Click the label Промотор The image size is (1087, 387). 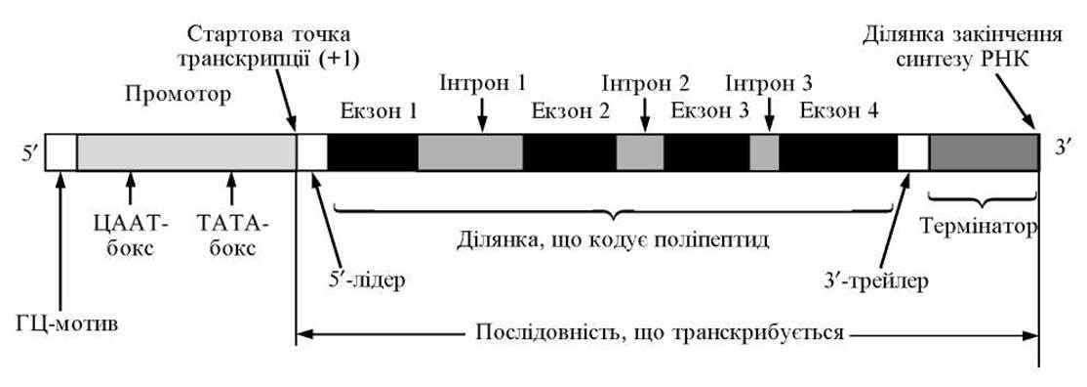(177, 94)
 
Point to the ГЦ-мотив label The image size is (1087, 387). (65, 323)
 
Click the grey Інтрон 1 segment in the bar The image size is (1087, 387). (470, 152)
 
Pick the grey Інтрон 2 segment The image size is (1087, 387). (640, 152)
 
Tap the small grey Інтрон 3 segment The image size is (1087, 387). (765, 152)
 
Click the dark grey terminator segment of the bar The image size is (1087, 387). (984, 152)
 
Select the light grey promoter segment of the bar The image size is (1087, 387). (186, 152)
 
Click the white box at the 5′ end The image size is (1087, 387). (61, 152)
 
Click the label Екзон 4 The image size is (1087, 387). (839, 111)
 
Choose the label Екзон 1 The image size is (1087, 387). (378, 111)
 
